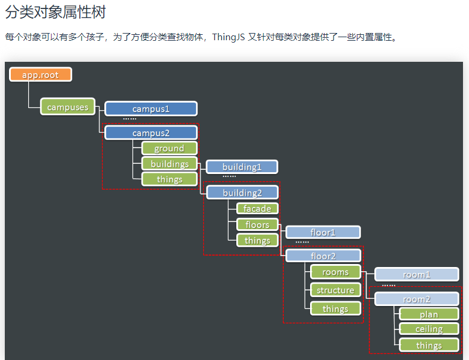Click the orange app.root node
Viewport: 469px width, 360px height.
[41, 74]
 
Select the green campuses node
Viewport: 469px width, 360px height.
[68, 107]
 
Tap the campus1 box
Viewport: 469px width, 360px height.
[151, 109]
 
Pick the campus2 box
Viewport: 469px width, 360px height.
[151, 133]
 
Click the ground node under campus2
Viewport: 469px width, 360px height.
[169, 148]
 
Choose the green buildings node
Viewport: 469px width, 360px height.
[169, 164]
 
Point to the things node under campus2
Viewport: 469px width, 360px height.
[169, 179]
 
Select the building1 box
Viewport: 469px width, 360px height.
[242, 167]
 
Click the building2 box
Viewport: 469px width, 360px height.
[242, 193]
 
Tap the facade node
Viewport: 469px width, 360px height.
[257, 209]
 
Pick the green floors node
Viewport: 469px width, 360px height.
[257, 224]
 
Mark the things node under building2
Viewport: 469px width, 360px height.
[257, 240]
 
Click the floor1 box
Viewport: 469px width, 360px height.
[323, 232]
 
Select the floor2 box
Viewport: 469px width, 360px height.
[323, 256]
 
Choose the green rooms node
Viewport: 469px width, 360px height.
[335, 272]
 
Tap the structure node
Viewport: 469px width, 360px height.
[335, 290]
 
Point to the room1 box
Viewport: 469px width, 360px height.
[416, 274]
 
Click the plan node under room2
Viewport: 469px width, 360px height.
[428, 314]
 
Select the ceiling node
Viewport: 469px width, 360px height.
[428, 329]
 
